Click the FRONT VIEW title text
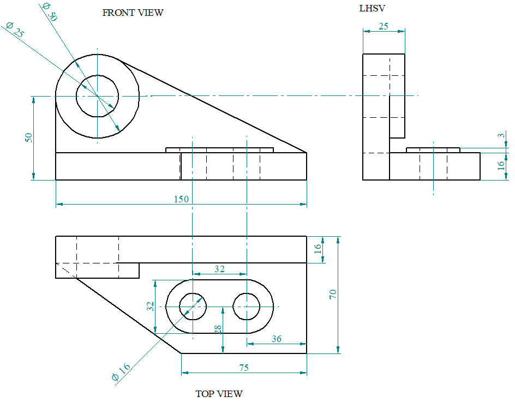(x=133, y=13)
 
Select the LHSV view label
(x=373, y=8)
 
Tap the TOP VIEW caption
(x=219, y=393)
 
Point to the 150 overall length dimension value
(x=181, y=199)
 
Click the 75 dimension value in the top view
(x=243, y=368)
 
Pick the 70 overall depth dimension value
(x=333, y=294)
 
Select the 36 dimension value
(x=276, y=339)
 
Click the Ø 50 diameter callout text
(x=49, y=12)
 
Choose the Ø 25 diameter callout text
(x=15, y=30)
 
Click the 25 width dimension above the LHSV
(x=384, y=26)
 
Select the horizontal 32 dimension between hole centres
(x=219, y=269)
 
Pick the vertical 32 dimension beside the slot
(x=151, y=306)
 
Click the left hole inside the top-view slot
(x=193, y=307)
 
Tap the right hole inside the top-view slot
(x=247, y=307)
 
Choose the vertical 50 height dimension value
(x=28, y=137)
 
